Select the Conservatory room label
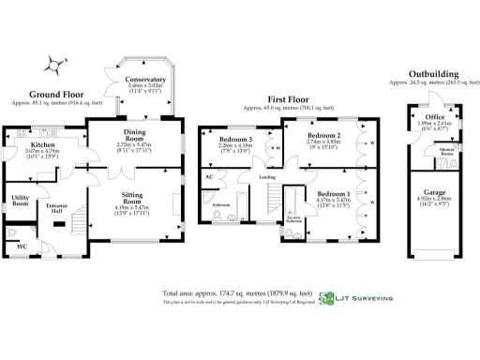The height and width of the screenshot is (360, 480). coord(145,81)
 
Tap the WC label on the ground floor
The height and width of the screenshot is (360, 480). coord(22,247)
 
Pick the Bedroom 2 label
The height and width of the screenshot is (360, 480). coord(323,134)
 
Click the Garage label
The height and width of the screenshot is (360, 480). coord(432,192)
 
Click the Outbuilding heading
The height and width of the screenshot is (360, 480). coord(432,73)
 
